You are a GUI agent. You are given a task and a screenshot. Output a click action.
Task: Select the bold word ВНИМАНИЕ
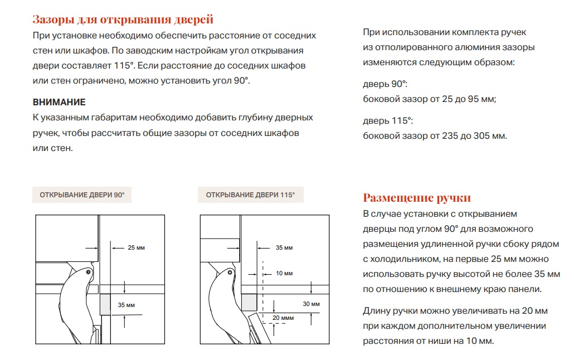point(59,103)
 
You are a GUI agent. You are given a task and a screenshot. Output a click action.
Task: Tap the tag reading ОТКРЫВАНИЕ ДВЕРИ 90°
point(82,195)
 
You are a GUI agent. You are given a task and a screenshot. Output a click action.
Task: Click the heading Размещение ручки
point(417,198)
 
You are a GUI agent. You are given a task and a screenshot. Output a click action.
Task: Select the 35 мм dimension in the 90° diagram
point(127,305)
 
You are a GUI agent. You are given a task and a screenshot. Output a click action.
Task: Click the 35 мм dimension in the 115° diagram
point(284,247)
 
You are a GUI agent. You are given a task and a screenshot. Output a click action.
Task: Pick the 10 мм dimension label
point(284,273)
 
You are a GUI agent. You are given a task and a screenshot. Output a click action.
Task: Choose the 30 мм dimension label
point(311,304)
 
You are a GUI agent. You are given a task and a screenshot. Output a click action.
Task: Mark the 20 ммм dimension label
point(283,317)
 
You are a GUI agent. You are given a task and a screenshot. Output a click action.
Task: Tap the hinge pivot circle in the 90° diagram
point(89,272)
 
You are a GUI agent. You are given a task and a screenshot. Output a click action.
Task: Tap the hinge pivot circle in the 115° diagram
point(230,273)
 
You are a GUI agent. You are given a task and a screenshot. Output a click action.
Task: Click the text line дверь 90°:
point(385,84)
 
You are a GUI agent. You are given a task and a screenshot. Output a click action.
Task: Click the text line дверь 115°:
point(388,121)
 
